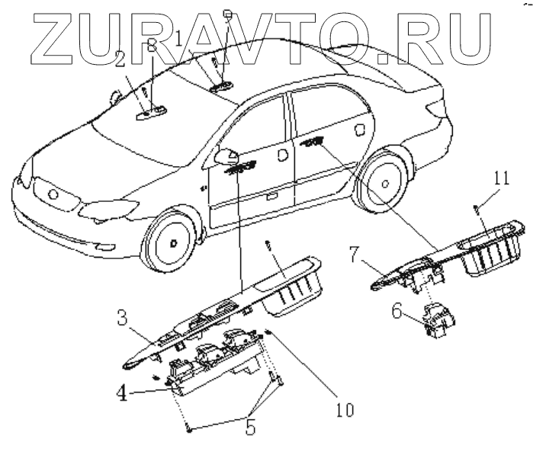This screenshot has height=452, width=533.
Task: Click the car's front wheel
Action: pyautogui.click(x=173, y=243)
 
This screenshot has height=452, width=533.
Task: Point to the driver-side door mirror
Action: pyautogui.click(x=226, y=157)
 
